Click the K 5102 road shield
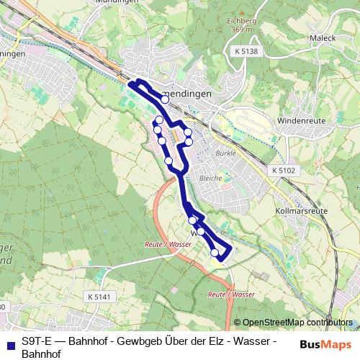point(284,170)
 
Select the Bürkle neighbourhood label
point(225,153)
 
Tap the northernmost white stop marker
point(165,99)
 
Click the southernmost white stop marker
point(215,252)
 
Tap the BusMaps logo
point(325,343)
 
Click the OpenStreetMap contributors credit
point(297,323)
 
